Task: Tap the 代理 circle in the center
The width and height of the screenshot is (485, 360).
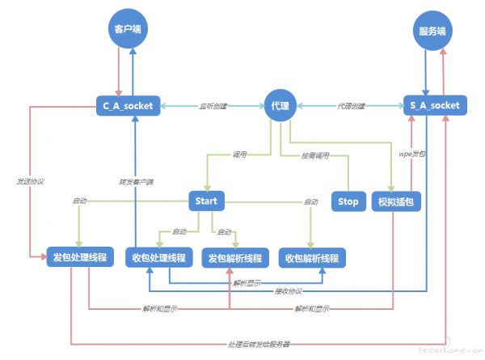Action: tap(280, 106)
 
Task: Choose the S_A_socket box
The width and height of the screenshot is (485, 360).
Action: tap(435, 106)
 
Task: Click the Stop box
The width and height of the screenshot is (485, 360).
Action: tap(348, 201)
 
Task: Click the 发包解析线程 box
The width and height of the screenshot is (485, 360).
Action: tap(234, 257)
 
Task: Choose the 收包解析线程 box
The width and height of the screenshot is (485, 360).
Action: tap(313, 257)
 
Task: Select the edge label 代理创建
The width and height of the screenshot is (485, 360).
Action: tap(351, 106)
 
